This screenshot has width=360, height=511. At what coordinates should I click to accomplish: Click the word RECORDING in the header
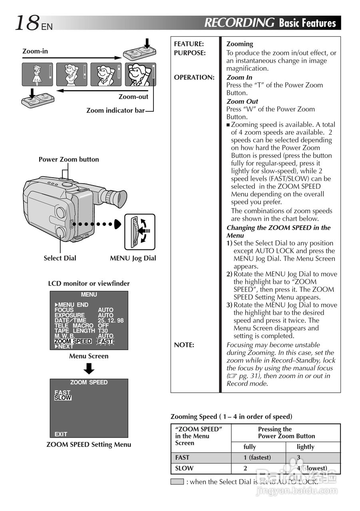(239, 23)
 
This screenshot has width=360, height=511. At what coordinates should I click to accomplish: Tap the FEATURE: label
(189, 44)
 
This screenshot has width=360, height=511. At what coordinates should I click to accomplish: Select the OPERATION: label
(194, 77)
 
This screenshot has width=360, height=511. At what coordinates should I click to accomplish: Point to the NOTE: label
(184, 345)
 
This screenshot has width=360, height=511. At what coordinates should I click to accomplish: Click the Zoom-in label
(35, 51)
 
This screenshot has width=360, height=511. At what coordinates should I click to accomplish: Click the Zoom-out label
(133, 97)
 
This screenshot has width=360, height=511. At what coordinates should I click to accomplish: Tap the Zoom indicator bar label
(115, 110)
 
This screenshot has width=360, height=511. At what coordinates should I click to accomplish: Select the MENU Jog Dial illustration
(139, 232)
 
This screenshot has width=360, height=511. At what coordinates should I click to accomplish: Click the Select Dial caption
(60, 258)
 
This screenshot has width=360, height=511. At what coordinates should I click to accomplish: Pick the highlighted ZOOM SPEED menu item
(73, 341)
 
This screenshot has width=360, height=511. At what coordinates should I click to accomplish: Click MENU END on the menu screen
(73, 305)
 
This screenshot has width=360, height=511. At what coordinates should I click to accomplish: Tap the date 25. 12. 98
(111, 321)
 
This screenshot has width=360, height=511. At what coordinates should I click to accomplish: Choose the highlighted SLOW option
(63, 398)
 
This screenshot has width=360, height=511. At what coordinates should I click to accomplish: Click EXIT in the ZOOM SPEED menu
(61, 434)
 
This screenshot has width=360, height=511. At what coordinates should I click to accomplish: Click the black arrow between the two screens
(89, 368)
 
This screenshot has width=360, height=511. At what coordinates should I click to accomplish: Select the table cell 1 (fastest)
(257, 458)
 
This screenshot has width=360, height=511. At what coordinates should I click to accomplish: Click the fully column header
(250, 447)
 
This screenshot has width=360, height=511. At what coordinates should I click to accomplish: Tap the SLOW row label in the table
(184, 468)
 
